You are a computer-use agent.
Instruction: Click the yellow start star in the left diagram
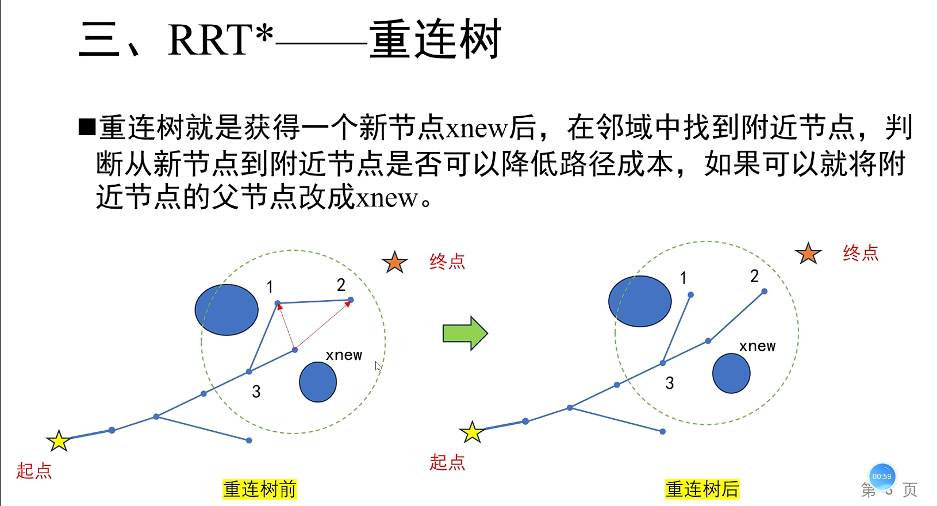click(59, 441)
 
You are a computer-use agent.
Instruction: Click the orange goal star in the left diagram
click(394, 262)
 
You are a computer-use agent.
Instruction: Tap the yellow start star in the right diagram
click(472, 432)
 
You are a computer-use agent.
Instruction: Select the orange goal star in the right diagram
click(808, 253)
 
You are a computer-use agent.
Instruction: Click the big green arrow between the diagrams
click(465, 333)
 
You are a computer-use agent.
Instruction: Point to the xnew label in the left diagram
click(344, 355)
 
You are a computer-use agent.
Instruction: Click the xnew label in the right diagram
click(757, 346)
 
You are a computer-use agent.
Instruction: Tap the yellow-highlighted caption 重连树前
click(260, 489)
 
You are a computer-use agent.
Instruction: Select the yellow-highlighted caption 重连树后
click(702, 489)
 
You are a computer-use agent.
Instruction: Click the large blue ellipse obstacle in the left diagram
click(226, 310)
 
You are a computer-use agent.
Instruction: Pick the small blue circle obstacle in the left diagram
click(318, 382)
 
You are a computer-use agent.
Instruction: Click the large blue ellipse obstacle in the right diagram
click(640, 301)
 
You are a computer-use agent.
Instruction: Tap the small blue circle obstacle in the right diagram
click(731, 373)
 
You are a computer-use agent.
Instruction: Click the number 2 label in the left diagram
click(341, 285)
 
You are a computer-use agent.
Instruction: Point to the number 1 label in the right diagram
click(683, 278)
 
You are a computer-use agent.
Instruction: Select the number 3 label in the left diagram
click(256, 392)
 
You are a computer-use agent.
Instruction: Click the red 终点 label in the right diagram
click(861, 253)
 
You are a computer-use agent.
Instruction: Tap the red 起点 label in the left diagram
click(34, 470)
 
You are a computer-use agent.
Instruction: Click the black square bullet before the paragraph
click(87, 126)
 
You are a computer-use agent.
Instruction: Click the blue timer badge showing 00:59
click(882, 476)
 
